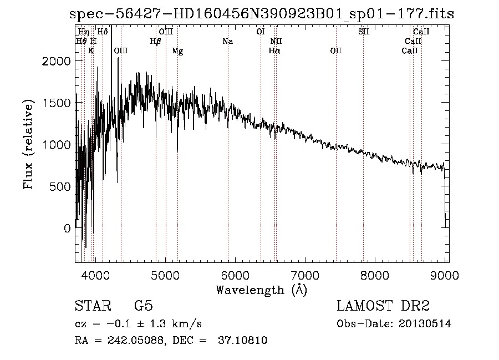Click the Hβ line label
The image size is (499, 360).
(x=156, y=41)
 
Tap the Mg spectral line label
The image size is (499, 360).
(x=177, y=51)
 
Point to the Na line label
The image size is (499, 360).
(x=227, y=41)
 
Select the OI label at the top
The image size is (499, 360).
(x=261, y=32)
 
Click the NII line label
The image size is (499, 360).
(x=276, y=41)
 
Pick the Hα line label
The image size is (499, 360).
(x=274, y=51)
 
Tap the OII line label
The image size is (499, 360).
(x=336, y=51)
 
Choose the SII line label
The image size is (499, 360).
(x=363, y=32)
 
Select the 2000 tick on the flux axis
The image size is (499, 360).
(x=57, y=61)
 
